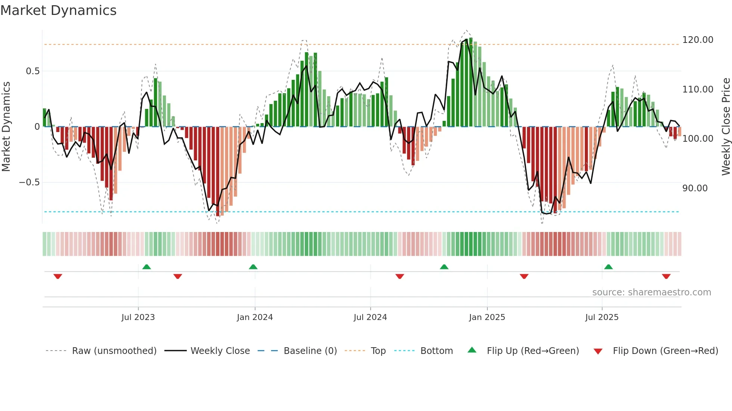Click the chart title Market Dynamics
tap(59, 10)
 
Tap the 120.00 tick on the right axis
tap(697, 40)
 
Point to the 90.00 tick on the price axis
tap(695, 188)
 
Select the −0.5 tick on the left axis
tap(29, 182)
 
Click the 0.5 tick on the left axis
tap(32, 71)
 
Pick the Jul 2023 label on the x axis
tap(138, 317)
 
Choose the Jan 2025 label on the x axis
tap(487, 317)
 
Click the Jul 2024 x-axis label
tap(370, 317)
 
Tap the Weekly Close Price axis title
tap(726, 126)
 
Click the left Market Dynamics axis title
tap(6, 126)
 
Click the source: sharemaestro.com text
tap(651, 292)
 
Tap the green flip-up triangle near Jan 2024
tap(253, 267)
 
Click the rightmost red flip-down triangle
tap(666, 276)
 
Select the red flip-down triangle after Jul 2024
tap(400, 276)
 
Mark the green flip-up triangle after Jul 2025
tap(608, 267)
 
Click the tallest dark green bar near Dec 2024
tap(471, 82)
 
